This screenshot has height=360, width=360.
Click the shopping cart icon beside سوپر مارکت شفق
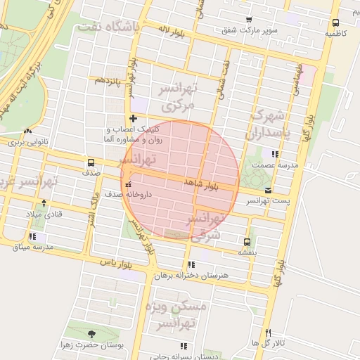tap(248, 20)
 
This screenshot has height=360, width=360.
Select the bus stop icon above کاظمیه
tap(335, 22)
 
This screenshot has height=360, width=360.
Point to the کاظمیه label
tap(335, 33)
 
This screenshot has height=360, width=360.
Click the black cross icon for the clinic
tap(132, 118)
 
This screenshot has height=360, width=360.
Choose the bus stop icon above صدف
tap(90, 162)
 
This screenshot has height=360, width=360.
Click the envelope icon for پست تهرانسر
tap(267, 190)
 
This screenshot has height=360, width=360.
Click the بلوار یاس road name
tap(117, 262)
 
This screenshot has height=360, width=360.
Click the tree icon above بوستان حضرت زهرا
tap(91, 335)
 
